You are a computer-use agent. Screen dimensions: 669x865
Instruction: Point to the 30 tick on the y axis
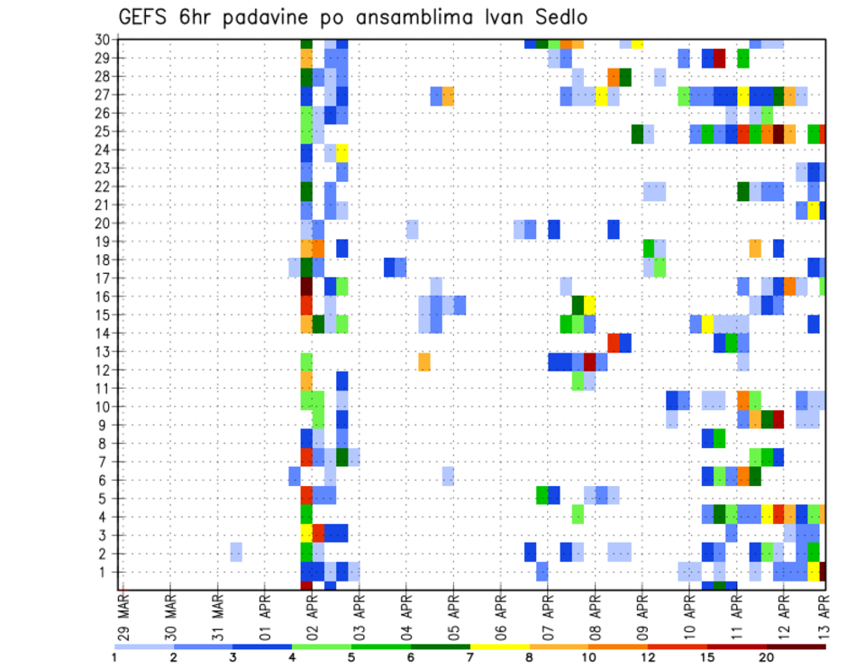point(105,40)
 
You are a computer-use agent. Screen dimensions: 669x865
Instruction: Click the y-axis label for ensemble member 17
point(105,279)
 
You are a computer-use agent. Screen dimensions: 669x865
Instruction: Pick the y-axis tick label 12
point(105,371)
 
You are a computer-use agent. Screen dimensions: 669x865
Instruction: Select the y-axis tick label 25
point(105,132)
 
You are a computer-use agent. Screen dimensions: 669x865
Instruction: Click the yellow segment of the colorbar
point(500,646)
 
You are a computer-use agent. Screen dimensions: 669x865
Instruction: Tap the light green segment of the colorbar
point(322,646)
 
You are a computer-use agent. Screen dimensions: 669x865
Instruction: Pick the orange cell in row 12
point(423,361)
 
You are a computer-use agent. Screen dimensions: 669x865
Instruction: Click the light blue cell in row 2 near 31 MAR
point(236,551)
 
